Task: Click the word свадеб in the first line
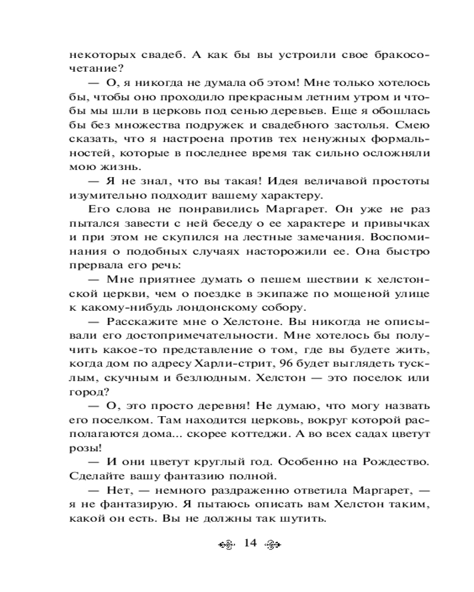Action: [135, 54]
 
